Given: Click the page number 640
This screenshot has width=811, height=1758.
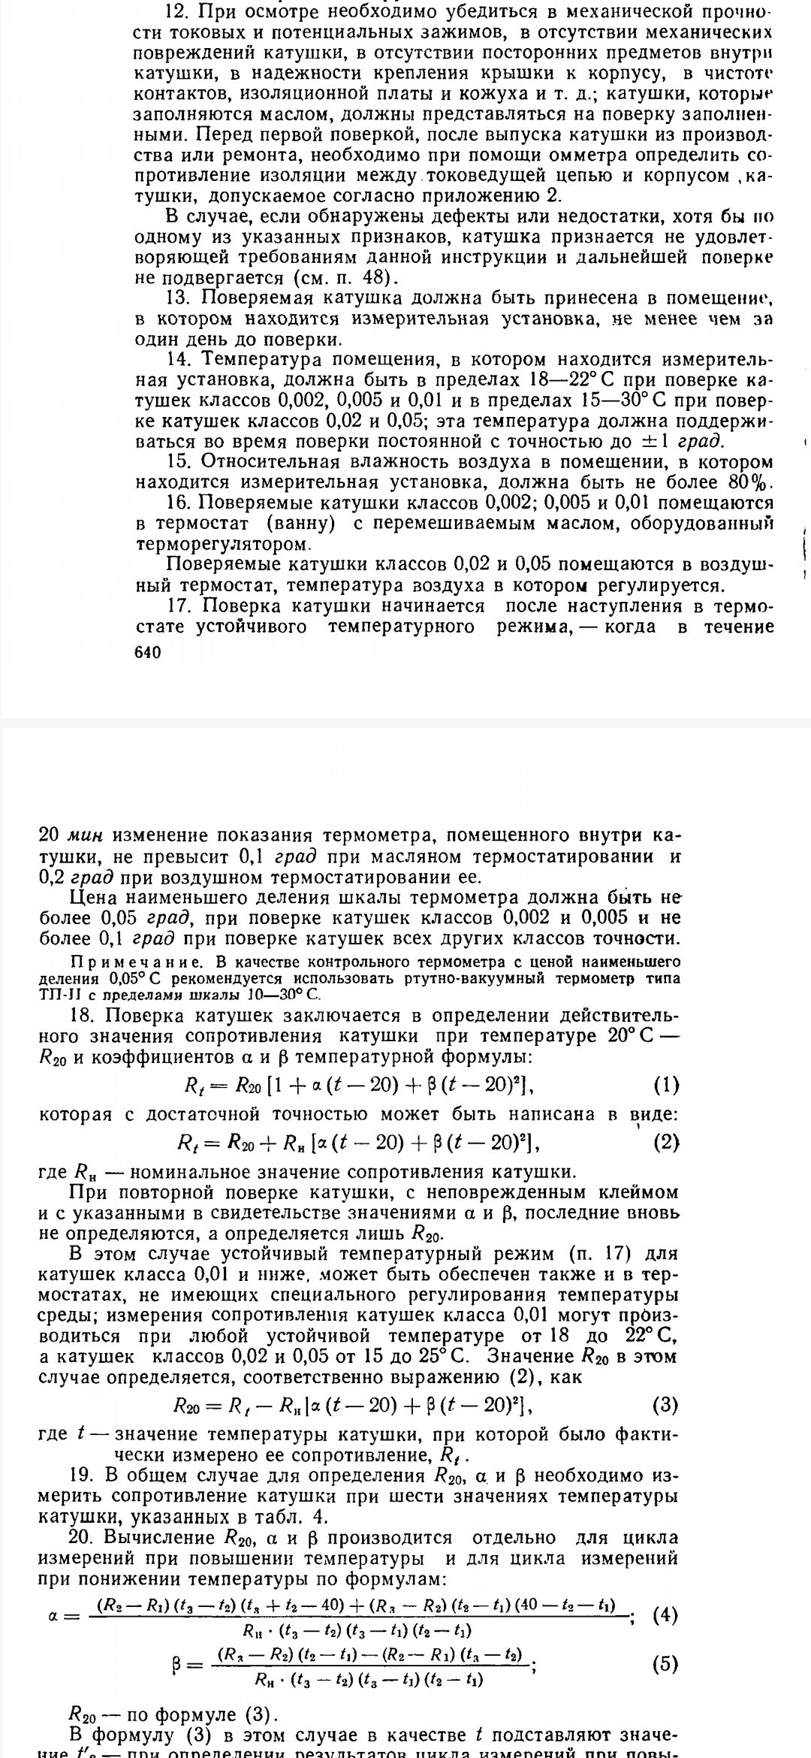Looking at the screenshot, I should [x=147, y=654].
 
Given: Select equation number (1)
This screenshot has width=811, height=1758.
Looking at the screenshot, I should [x=666, y=1085].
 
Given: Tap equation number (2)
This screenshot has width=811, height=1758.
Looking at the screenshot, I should [x=666, y=1143].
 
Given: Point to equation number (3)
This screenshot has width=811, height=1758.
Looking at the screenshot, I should [x=666, y=1404].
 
